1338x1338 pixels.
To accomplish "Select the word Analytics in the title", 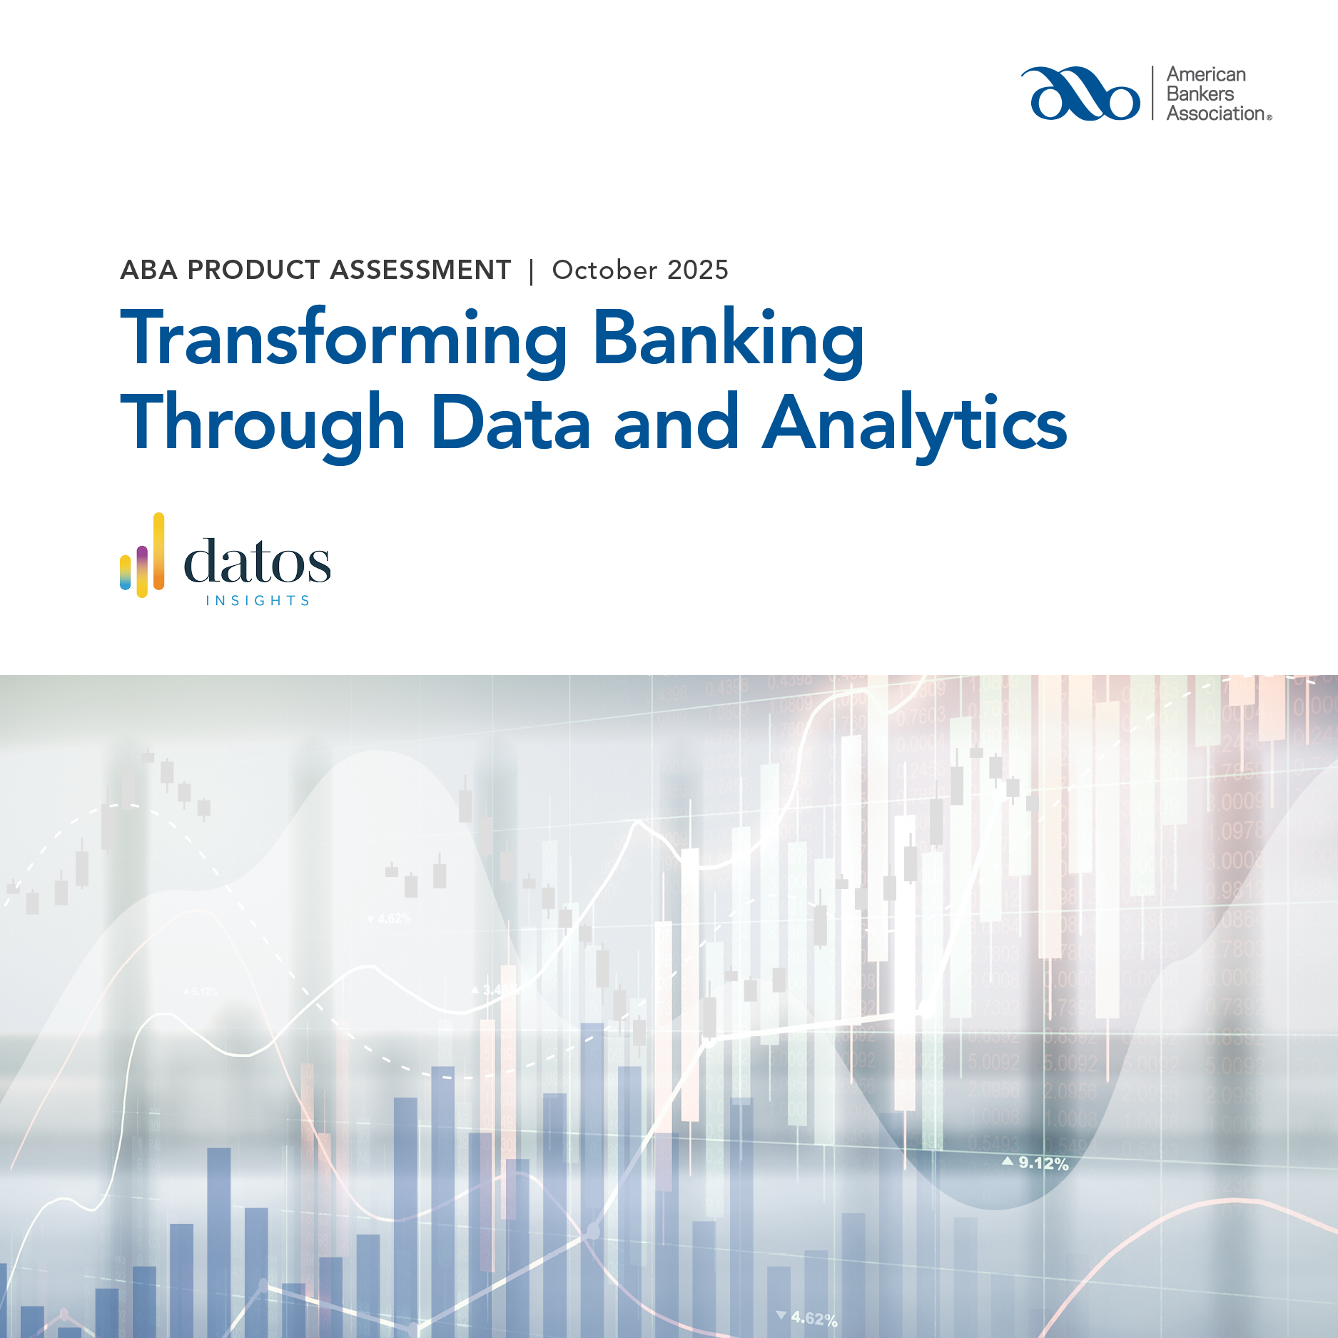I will pyautogui.click(x=915, y=424).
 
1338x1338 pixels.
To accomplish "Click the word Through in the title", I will pyautogui.click(x=263, y=424).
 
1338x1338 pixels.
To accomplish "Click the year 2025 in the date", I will pyautogui.click(x=698, y=270).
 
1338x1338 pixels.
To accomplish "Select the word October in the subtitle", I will pyautogui.click(x=605, y=270).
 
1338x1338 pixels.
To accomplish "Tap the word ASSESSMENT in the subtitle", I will pyautogui.click(x=421, y=270).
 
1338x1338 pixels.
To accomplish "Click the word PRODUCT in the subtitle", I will pyautogui.click(x=253, y=270).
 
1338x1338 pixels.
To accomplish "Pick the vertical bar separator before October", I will pyautogui.click(x=532, y=272).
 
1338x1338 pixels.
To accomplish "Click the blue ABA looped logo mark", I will pyautogui.click(x=1080, y=94).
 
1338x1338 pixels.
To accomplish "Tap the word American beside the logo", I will pyautogui.click(x=1206, y=75).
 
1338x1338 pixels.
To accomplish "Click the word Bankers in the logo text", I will pyautogui.click(x=1200, y=94).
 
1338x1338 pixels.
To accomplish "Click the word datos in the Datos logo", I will pyautogui.click(x=257, y=562).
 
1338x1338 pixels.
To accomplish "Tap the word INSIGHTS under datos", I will pyautogui.click(x=258, y=601).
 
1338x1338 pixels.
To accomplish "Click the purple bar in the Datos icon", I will pyautogui.click(x=142, y=564).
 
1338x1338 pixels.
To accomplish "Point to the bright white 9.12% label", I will pyautogui.click(x=1043, y=1163).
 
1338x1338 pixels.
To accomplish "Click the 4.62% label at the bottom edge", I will pyautogui.click(x=814, y=1319).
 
